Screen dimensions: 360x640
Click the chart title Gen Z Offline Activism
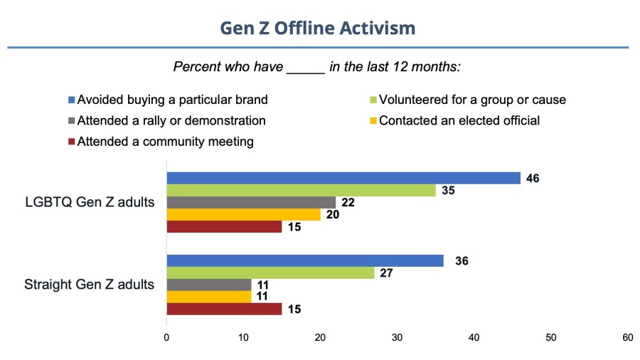coord(317,28)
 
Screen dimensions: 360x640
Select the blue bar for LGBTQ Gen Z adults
coord(343,178)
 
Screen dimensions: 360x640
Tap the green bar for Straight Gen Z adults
coord(270,272)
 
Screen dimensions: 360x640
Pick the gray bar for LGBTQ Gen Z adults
coord(251,203)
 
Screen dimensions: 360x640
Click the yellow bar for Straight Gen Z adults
coord(208,297)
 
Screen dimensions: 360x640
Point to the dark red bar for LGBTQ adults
coord(224,227)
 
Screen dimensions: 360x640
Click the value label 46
coord(533,178)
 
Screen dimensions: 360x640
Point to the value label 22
coord(348,203)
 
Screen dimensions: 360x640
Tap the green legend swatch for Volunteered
coord(373,100)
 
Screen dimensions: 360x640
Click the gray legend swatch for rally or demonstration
coord(71,120)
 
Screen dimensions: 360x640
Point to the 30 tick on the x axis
coord(397,338)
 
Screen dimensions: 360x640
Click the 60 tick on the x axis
coord(627,338)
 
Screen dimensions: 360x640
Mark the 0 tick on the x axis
coord(166,338)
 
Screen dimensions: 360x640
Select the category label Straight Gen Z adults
coord(89,285)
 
